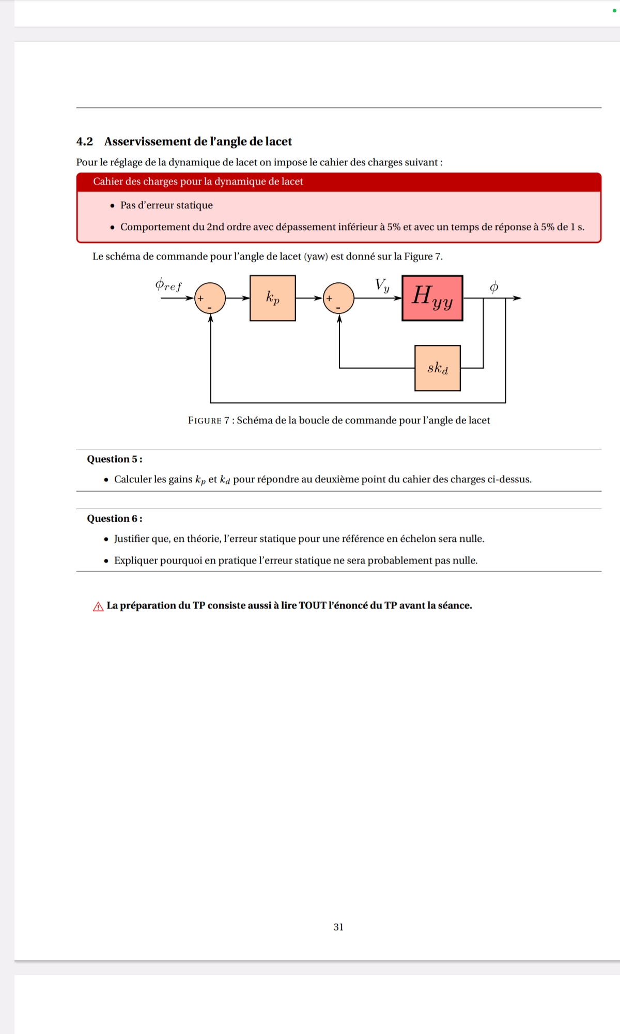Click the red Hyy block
[432, 298]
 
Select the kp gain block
[273, 298]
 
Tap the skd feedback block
[438, 368]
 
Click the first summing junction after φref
[210, 298]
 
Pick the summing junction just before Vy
[339, 298]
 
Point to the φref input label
[168, 285]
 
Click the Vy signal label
[382, 285]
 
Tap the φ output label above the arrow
[494, 287]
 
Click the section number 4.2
[85, 142]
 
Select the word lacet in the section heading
[278, 142]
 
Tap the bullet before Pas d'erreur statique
[113, 206]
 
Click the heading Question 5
[114, 459]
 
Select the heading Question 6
[114, 519]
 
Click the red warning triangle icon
[98, 606]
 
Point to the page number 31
[338, 927]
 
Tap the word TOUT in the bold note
[313, 605]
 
